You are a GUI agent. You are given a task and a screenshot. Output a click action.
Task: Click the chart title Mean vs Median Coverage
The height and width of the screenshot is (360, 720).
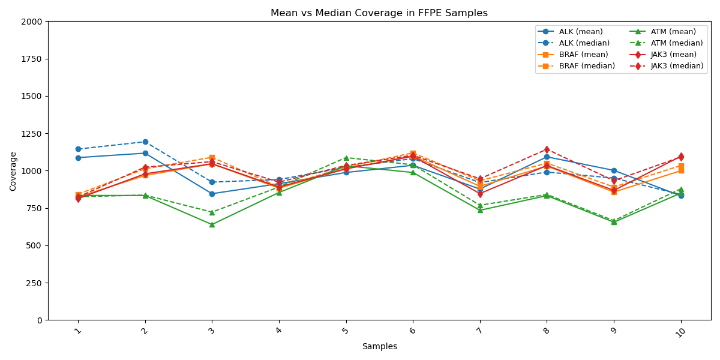click(x=379, y=13)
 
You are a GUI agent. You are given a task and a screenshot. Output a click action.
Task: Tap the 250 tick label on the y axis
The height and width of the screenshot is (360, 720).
click(x=35, y=283)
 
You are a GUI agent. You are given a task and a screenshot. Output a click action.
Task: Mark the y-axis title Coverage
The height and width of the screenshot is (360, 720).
click(x=13, y=171)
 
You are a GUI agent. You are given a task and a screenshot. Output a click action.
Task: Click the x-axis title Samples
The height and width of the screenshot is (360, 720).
click(x=379, y=347)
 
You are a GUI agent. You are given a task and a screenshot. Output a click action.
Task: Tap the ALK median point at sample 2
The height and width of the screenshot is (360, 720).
click(x=145, y=142)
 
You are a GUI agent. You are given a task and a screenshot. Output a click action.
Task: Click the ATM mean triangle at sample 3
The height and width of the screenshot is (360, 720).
click(x=212, y=224)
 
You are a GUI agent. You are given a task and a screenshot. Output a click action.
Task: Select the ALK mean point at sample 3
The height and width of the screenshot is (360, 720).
click(x=212, y=194)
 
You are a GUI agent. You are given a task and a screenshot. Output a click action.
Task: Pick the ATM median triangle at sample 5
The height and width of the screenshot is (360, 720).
click(x=346, y=158)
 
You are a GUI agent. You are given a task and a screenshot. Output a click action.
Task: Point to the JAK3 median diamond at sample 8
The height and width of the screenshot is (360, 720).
click(x=547, y=149)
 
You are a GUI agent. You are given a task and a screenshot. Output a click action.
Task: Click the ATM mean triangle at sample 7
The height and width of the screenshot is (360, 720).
click(x=480, y=210)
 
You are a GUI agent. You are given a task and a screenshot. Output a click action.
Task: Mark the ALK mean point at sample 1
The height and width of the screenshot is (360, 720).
click(x=78, y=158)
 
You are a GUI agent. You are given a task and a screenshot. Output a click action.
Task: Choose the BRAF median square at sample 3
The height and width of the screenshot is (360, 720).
click(x=212, y=157)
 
